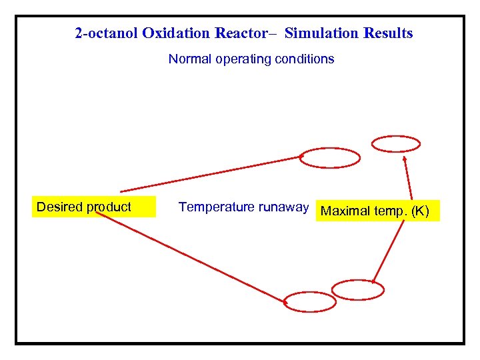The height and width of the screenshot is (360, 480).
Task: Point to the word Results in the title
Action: point(389,33)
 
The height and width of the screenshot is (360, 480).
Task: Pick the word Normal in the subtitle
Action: point(188,59)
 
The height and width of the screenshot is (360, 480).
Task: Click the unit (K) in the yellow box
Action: point(421,212)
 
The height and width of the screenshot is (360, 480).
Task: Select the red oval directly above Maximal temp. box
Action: point(396,143)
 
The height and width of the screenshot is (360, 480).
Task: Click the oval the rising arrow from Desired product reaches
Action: point(330,158)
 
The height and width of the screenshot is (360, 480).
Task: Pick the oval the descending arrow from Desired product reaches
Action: point(310,302)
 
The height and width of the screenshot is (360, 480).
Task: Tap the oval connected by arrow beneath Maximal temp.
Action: point(358,289)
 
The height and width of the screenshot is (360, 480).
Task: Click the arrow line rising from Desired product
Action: point(210,175)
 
